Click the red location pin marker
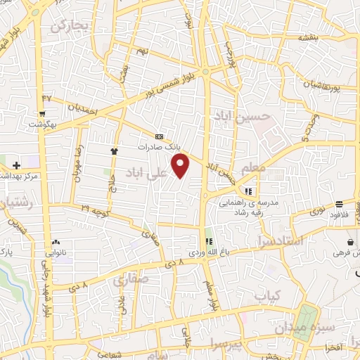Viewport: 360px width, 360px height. [181, 166]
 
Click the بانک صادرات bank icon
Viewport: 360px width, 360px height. [159, 136]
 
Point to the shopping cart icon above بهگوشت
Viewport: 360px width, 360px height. [44, 114]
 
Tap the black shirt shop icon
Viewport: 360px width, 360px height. [114, 150]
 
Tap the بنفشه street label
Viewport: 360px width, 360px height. [309, 37]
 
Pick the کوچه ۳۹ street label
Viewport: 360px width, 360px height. [94, 210]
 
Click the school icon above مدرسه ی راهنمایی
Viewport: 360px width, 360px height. [247, 191]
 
